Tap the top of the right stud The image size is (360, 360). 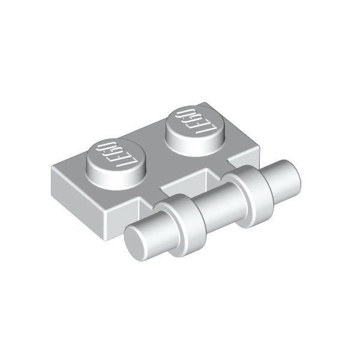click(196, 122)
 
